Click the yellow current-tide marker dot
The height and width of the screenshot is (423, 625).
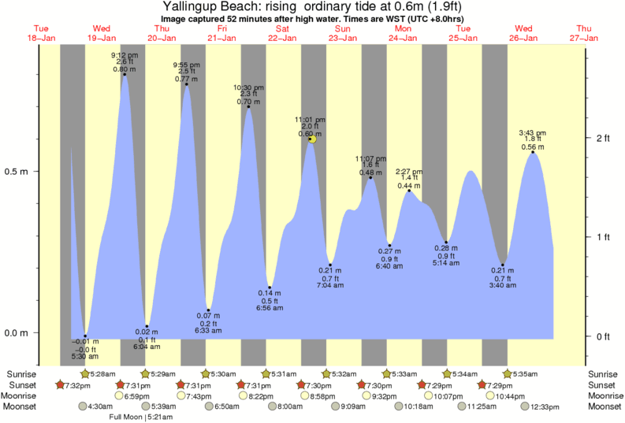point(312,139)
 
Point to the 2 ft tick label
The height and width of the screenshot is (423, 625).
point(604,139)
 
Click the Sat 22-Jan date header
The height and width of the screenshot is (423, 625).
point(282,33)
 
